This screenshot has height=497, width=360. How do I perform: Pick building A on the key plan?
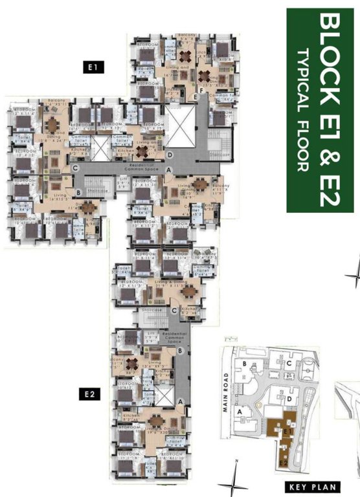point(242,410)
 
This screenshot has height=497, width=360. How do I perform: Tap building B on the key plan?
point(243,364)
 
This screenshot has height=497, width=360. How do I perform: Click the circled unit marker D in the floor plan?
point(170,155)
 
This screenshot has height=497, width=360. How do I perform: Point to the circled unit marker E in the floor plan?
point(195,96)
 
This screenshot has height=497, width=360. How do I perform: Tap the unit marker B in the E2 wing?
point(179,350)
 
